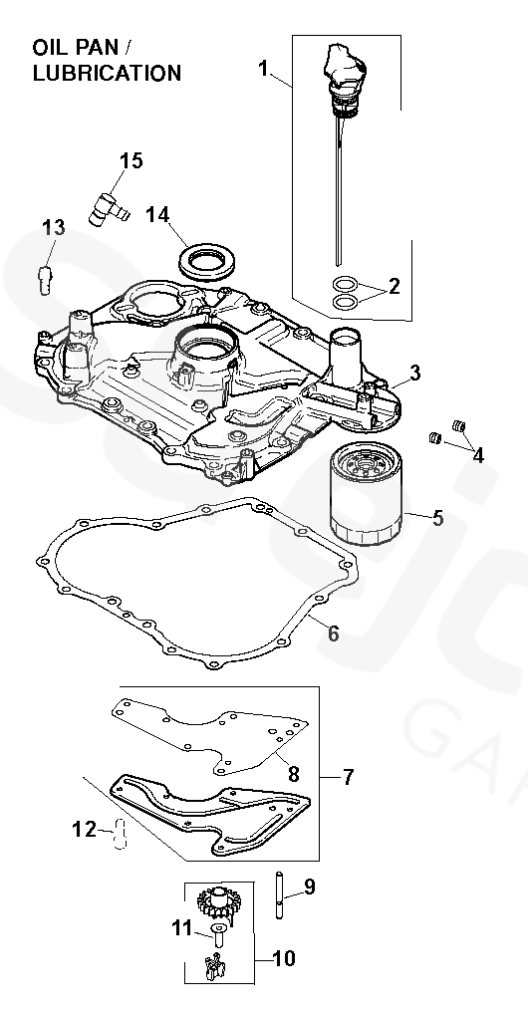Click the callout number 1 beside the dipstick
click(x=263, y=68)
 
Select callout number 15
click(x=132, y=160)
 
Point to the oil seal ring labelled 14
click(x=206, y=261)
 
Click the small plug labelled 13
click(x=45, y=279)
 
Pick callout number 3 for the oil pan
click(x=414, y=373)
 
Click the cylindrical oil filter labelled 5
click(x=366, y=494)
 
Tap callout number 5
click(x=438, y=518)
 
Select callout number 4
click(x=477, y=456)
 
